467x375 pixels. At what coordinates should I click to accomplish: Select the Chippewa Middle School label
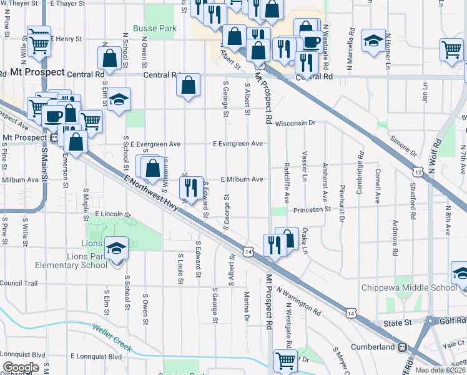pos(409,287)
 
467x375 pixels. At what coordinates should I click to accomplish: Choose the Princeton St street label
pos(312,209)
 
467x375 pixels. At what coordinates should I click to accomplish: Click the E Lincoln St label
pos(112,214)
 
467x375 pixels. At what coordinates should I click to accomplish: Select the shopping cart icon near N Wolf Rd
pos(451,49)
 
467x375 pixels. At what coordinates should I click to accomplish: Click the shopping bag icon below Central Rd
pos(188,85)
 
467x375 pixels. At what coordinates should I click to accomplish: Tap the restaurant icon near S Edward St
pos(191,186)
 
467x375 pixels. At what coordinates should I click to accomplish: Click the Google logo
pos(21,367)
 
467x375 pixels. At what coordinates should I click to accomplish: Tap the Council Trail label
pos(19,283)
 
